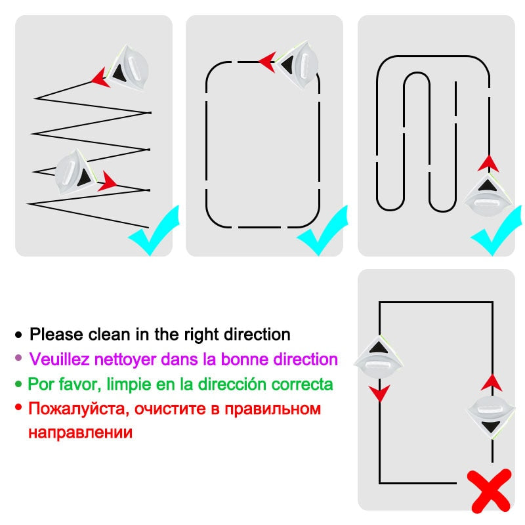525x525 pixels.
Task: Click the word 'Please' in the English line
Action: [x=56, y=334]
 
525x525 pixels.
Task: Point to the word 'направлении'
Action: [x=80, y=433]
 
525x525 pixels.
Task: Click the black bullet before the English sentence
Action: [x=18, y=335]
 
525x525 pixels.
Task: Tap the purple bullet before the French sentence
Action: [x=18, y=359]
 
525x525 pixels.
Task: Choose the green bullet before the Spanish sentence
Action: [x=18, y=384]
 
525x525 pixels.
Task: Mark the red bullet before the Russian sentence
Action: [x=18, y=408]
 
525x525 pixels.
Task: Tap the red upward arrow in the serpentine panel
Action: [x=488, y=162]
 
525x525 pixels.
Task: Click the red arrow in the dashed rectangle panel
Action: [x=266, y=62]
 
